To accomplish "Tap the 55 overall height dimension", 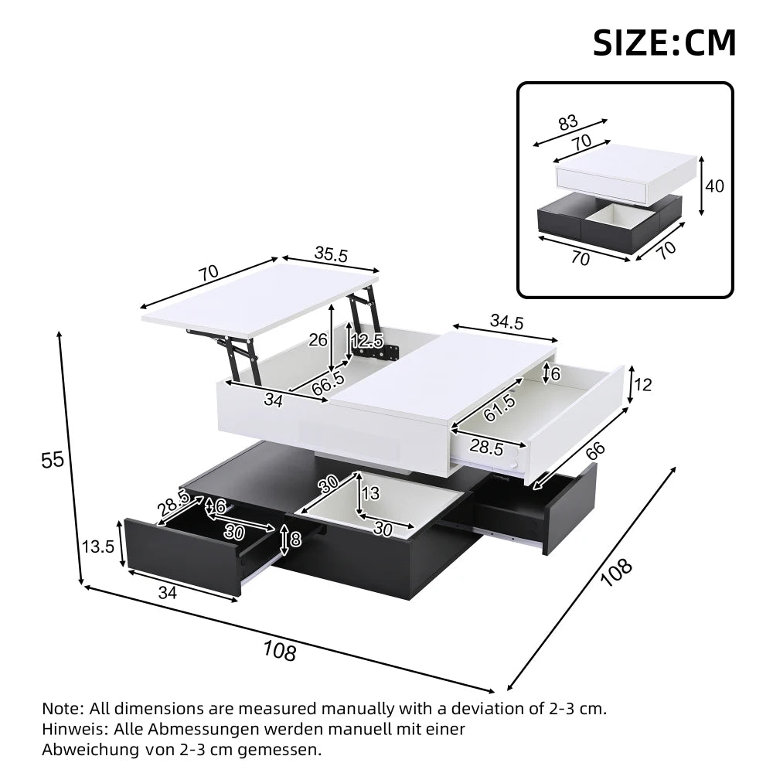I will pos(52,460).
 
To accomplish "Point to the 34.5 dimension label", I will pos(506,322).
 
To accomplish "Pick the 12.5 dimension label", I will pos(367,340).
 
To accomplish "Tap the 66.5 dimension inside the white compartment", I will pos(329,385).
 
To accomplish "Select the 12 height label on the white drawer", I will pos(644,384).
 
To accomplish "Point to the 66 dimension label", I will pos(592,453).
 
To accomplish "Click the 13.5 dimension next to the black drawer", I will pos(98,547).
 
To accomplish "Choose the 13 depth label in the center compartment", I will pos(371,493).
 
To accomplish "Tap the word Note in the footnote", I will pos(62,708).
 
